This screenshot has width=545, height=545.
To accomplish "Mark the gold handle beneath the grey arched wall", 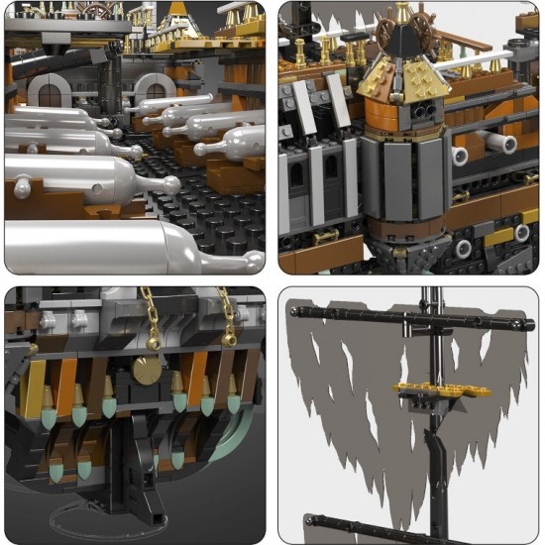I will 325,238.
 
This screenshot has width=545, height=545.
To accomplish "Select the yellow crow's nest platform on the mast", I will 429,387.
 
